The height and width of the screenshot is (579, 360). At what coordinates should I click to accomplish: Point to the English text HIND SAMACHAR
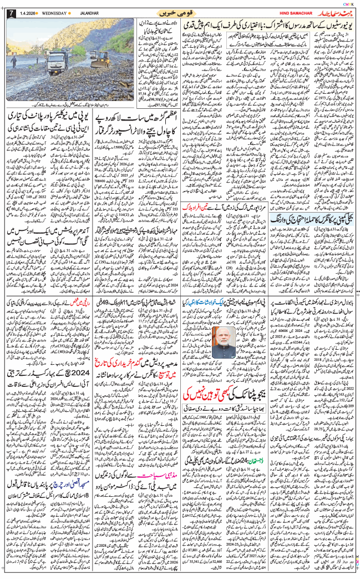click(290, 13)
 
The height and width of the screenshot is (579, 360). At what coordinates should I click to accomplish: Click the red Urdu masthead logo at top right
click(333, 12)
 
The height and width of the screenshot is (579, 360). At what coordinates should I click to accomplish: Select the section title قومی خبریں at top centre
click(181, 12)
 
